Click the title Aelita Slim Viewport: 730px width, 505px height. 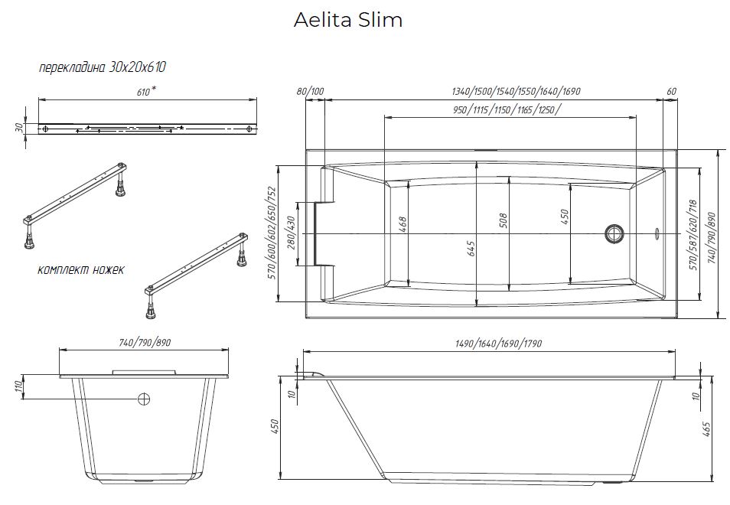tap(347, 21)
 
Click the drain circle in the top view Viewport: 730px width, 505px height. tap(614, 232)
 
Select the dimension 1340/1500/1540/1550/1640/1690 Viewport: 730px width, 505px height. tap(517, 92)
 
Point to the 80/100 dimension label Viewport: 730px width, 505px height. tap(311, 92)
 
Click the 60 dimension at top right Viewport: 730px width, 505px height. tap(671, 92)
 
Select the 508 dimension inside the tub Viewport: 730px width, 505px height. tap(503, 220)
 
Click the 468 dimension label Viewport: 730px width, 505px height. tap(402, 225)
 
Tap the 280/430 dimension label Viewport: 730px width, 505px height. tap(290, 239)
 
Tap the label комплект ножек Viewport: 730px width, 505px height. tap(80, 269)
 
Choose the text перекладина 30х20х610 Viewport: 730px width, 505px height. tap(103, 67)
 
